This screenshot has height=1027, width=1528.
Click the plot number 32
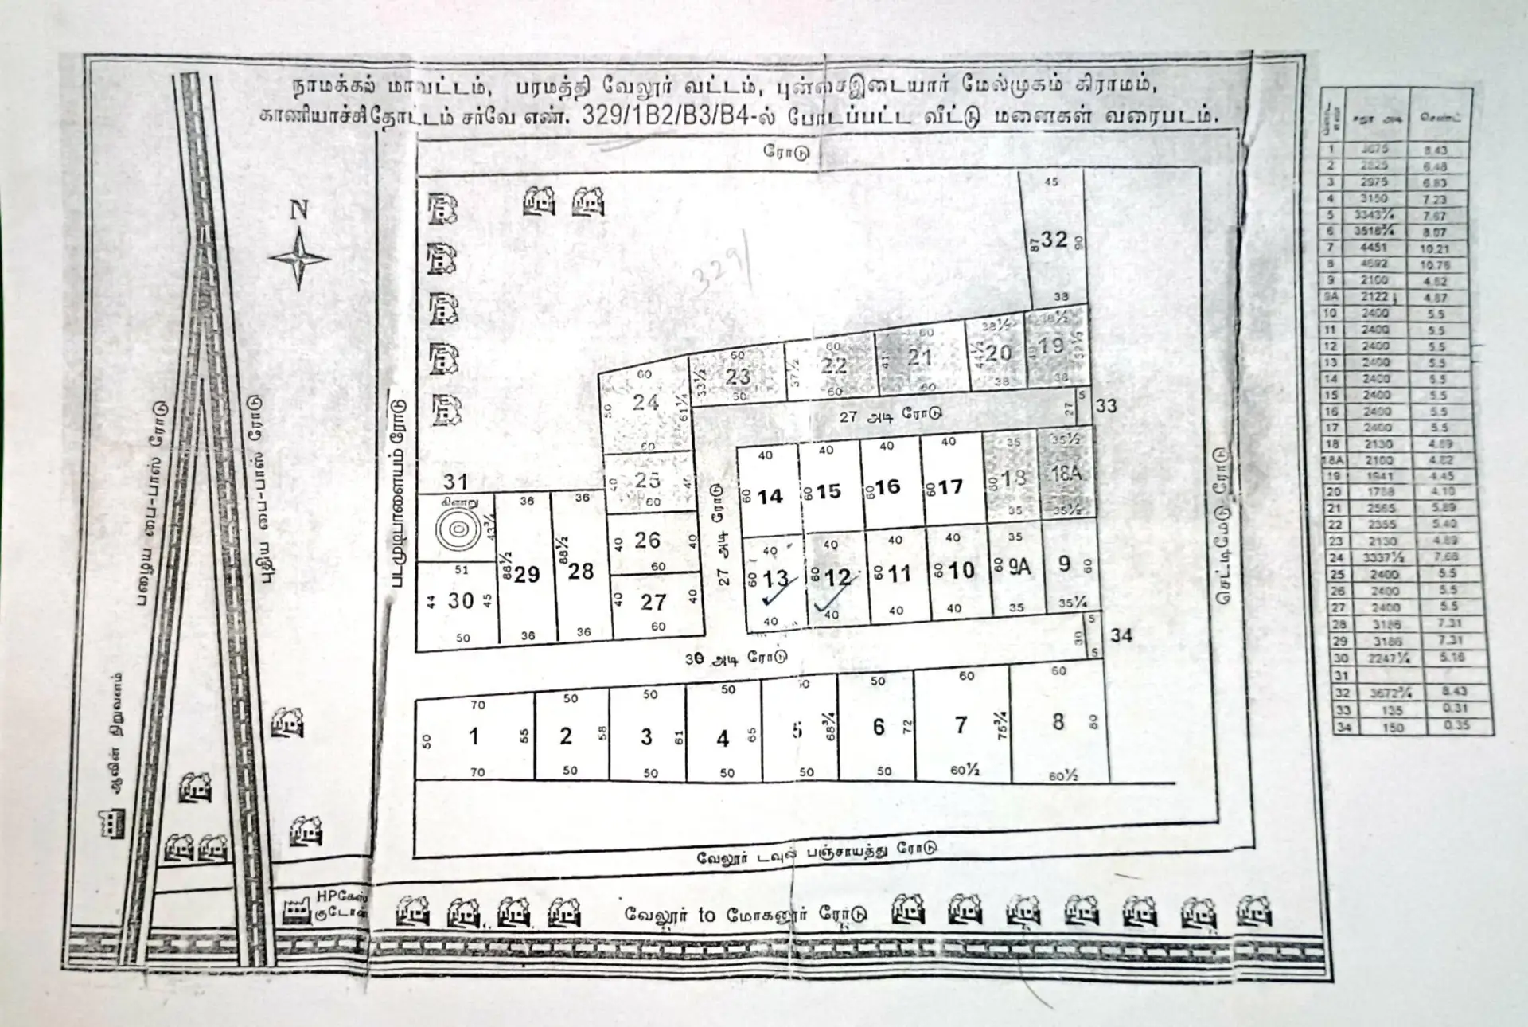tap(1054, 239)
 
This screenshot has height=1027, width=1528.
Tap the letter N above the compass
tap(298, 210)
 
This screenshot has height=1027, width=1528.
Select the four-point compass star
tap(298, 259)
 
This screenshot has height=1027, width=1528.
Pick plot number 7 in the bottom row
tap(961, 725)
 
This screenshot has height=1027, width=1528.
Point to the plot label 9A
tap(1019, 568)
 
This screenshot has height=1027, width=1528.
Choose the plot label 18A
tap(1066, 474)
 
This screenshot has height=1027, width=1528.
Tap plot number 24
tap(645, 403)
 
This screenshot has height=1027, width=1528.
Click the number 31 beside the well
tap(455, 481)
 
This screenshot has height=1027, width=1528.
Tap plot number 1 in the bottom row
tap(474, 736)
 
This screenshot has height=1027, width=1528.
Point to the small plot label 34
tap(1121, 635)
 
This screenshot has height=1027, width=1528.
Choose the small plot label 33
tap(1106, 406)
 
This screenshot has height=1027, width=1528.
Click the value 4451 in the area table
tap(1374, 248)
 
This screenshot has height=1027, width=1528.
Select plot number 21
tap(920, 357)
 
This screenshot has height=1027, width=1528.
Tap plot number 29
tap(527, 575)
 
